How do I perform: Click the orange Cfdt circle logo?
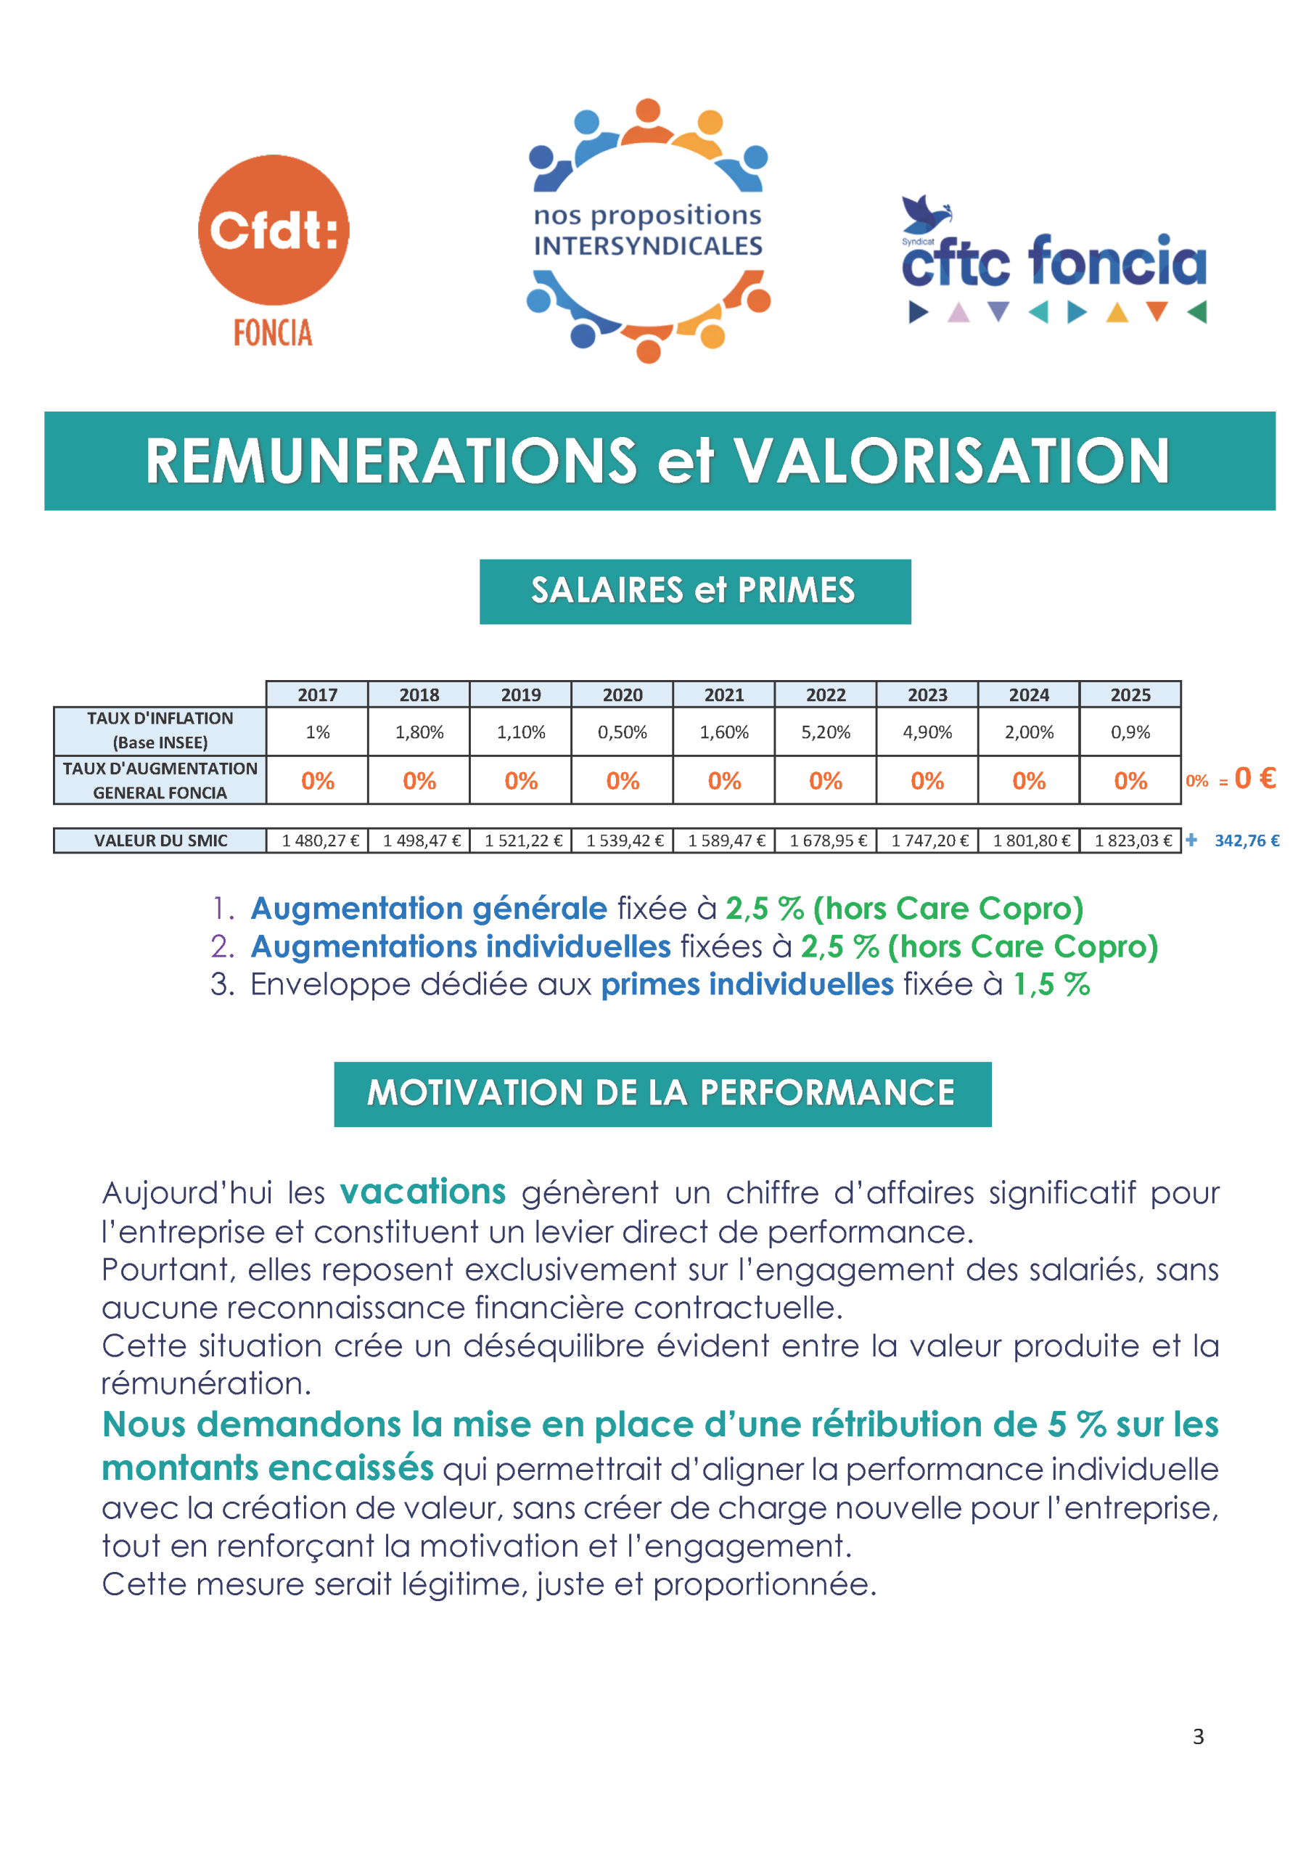[274, 231]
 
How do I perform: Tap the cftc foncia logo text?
[1054, 261]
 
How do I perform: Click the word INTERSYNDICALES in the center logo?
[647, 245]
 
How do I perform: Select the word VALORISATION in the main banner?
[950, 462]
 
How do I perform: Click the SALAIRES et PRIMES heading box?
[694, 591]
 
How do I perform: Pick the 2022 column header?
[825, 695]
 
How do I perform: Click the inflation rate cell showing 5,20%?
[825, 732]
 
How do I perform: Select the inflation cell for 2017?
[317, 732]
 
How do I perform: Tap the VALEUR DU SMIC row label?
[160, 840]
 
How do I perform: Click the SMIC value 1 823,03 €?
[1132, 840]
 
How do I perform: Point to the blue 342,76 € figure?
[1246, 840]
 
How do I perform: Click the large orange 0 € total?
[1255, 779]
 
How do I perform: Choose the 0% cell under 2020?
[623, 781]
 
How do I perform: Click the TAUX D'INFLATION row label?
[160, 730]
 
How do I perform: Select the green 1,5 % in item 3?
[1051, 985]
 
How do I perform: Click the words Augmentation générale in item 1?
[429, 909]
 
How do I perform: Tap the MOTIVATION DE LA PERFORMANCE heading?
[662, 1093]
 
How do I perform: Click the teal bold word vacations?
[422, 1192]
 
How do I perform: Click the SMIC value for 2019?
[522, 840]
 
